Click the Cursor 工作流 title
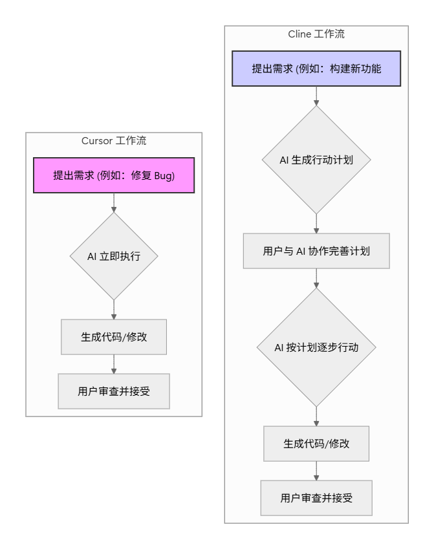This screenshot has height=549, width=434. [114, 141]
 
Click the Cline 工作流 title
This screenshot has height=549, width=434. [316, 34]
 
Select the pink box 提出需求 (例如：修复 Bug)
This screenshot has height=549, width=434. [114, 175]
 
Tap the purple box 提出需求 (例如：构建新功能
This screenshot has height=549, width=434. [316, 68]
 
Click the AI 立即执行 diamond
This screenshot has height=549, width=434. [114, 256]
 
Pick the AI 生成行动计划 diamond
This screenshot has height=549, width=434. [316, 159]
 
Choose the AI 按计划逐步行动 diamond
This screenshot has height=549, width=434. [316, 347]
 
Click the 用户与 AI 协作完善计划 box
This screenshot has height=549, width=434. [316, 251]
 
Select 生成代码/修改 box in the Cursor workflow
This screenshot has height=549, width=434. [114, 337]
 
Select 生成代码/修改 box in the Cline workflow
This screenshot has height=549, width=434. [316, 444]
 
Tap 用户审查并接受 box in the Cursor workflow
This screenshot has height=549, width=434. [114, 391]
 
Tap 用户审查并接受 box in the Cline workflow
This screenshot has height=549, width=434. [316, 498]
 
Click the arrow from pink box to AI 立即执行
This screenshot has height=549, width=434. [114, 203]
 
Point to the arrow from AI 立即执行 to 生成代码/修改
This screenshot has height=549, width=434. [114, 310]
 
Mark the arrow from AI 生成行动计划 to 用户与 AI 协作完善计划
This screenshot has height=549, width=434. [316, 224]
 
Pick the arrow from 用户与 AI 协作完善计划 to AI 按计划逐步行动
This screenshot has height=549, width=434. [316, 278]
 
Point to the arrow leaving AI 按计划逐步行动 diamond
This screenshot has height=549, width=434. [316, 416]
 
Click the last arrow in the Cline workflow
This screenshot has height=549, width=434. [316, 471]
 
